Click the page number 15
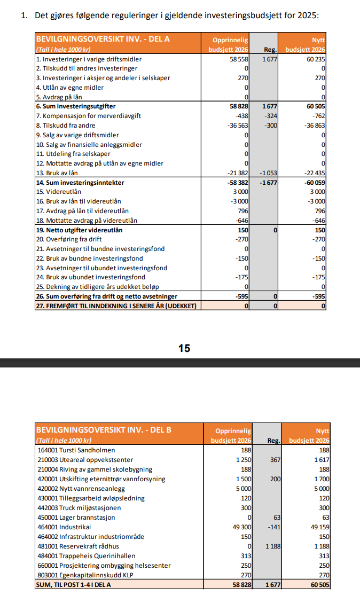(x=184, y=348)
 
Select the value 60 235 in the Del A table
(x=316, y=59)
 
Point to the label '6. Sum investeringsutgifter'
(x=75, y=106)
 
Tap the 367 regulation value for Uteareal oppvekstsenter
(x=275, y=460)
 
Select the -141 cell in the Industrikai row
(x=272, y=527)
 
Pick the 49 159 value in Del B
(x=318, y=527)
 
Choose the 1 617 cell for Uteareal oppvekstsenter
(x=320, y=460)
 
